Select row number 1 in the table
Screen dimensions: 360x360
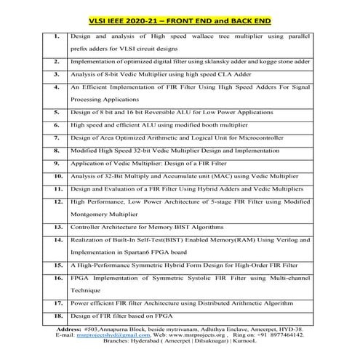pos(56,35)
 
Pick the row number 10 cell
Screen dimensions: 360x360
pos(56,175)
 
